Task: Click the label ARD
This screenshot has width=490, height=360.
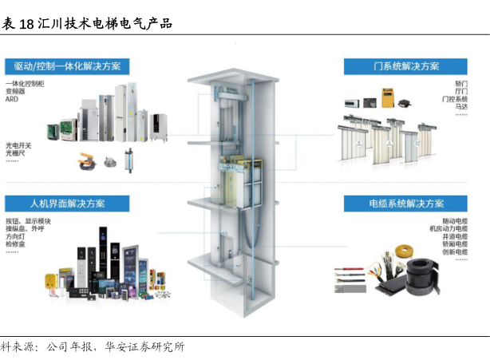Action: (12, 100)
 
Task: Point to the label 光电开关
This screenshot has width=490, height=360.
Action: (18, 145)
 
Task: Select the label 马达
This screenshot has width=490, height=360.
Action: (461, 106)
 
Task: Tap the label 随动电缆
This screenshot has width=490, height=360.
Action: (455, 220)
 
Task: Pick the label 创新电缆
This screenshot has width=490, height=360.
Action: (455, 252)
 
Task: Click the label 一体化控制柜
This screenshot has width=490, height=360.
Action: (25, 84)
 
